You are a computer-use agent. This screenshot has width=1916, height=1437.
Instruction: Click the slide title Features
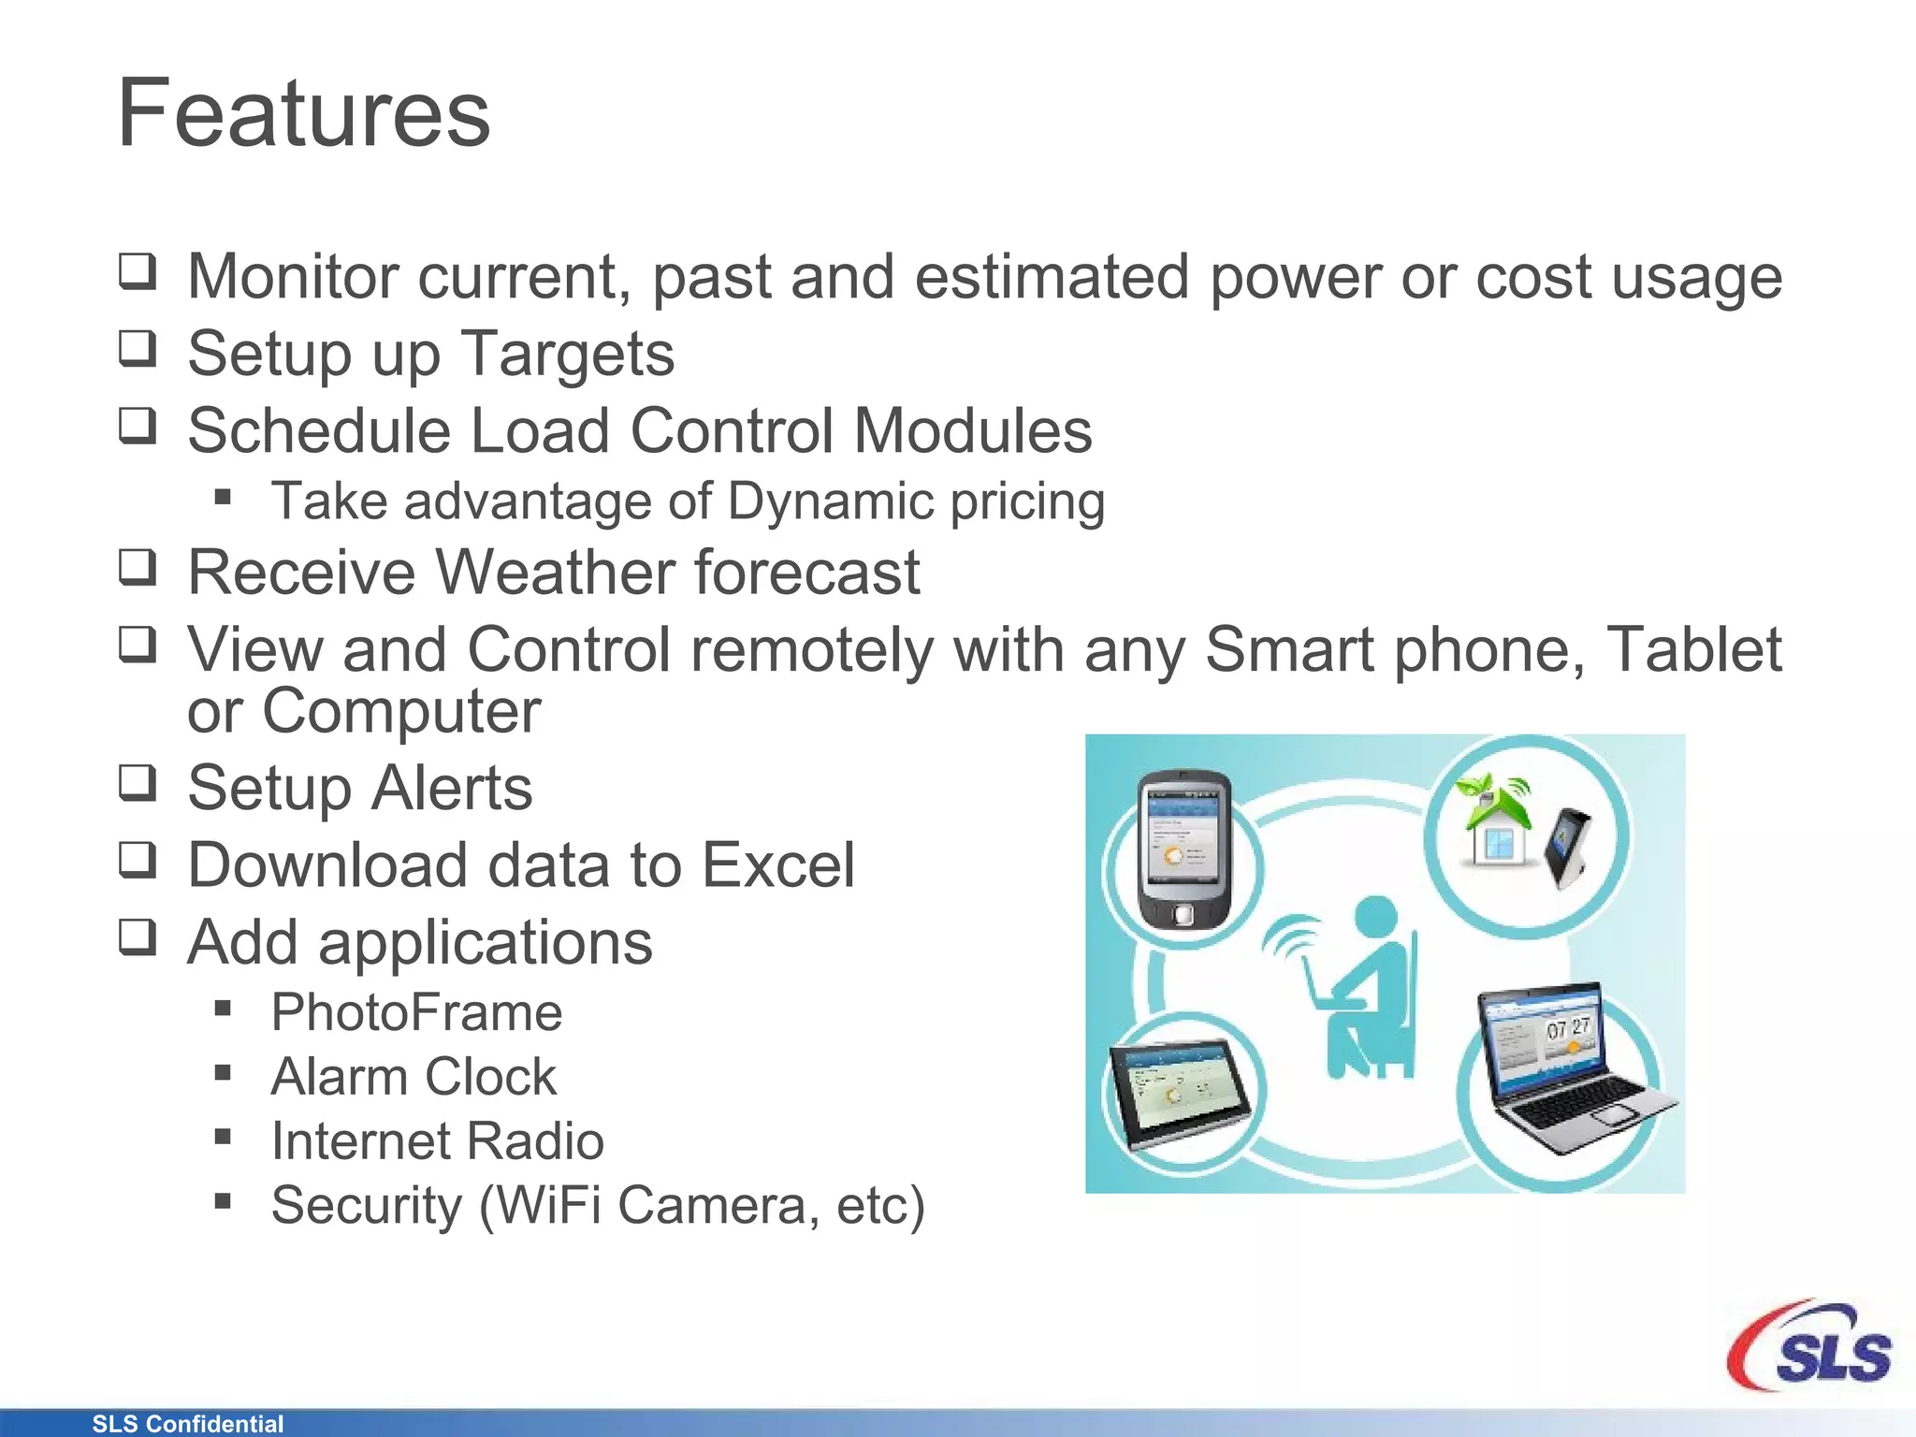click(303, 114)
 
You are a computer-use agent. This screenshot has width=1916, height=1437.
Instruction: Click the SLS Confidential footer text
click(187, 1423)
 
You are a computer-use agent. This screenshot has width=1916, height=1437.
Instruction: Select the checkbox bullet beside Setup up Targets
click(138, 349)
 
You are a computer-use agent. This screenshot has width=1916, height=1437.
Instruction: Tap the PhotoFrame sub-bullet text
click(416, 1012)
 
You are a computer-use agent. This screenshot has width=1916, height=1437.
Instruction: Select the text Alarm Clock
click(414, 1076)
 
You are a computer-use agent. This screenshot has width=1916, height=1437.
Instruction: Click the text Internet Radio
click(437, 1140)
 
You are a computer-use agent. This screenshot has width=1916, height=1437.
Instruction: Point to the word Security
click(366, 1205)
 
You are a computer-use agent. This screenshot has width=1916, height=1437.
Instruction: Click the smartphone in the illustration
click(1183, 848)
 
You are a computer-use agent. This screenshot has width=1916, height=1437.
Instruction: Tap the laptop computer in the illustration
click(1572, 1067)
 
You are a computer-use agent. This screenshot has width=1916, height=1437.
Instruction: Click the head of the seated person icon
click(1375, 917)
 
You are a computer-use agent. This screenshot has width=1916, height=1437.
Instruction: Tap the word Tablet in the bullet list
click(1693, 649)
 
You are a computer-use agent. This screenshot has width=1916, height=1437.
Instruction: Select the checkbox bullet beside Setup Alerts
click(138, 783)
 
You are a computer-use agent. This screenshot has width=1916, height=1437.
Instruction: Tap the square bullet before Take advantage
click(223, 497)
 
